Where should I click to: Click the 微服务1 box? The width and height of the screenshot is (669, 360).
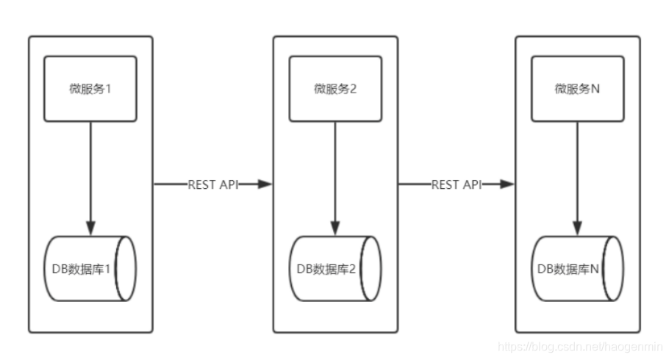[x=90, y=88]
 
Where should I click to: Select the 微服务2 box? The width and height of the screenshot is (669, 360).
[x=335, y=88]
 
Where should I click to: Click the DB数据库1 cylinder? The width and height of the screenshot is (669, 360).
[x=90, y=269]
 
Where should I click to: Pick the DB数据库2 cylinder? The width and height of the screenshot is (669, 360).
[x=335, y=269]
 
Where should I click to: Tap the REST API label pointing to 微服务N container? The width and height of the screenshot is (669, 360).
[x=456, y=184]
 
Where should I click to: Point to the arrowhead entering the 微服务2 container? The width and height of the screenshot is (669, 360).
[x=265, y=184]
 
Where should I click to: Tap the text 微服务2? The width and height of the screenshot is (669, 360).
[x=335, y=89]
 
